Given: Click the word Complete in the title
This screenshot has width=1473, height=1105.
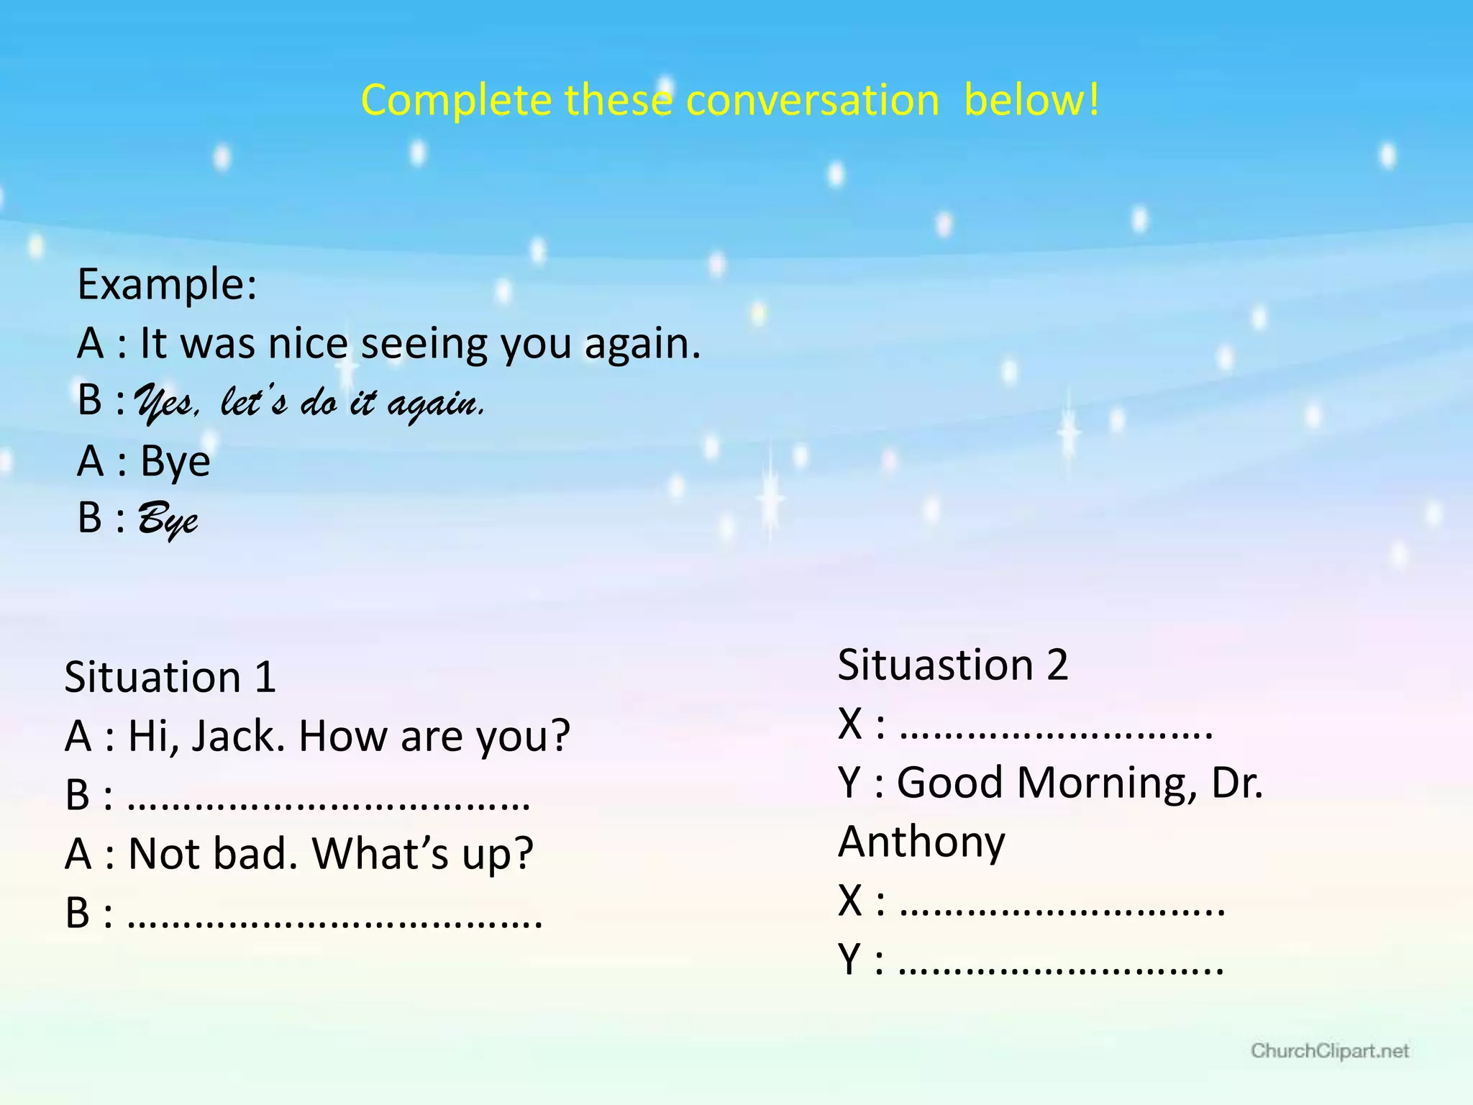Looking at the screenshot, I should point(455,100).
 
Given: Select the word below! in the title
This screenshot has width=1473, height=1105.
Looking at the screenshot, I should point(1031,100).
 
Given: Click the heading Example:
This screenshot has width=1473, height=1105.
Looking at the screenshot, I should point(167,284).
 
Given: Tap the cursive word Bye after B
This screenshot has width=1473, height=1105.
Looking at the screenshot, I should point(167,519).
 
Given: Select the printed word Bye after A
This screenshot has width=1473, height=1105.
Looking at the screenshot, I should point(175,460).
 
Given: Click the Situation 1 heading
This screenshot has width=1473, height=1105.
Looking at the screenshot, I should point(170,677).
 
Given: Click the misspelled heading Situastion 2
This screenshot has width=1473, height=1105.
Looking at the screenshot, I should point(952,664).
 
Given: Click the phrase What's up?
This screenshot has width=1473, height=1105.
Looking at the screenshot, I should point(422,854).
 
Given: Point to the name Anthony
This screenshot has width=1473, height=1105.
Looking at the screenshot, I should point(921,841).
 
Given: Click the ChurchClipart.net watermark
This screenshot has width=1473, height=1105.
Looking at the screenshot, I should point(1329,1051).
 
